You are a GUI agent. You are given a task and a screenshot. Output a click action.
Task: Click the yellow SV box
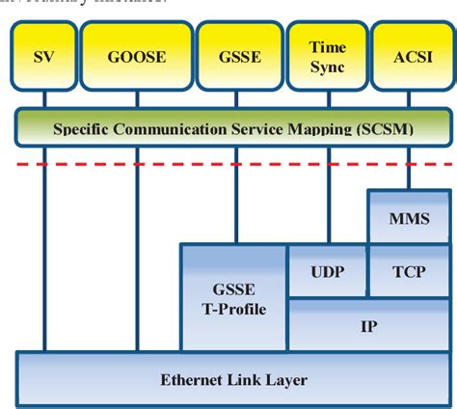43,57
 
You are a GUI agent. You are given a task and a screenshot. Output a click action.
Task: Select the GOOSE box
136,57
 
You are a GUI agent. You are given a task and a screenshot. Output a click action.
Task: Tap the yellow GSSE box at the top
239,57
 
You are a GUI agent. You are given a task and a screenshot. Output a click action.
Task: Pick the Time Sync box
327,57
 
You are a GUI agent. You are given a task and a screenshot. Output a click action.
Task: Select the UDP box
327,271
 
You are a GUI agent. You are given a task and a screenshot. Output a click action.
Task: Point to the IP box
367,325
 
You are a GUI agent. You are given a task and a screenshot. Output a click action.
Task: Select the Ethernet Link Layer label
233,379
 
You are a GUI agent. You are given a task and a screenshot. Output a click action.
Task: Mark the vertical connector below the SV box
44,251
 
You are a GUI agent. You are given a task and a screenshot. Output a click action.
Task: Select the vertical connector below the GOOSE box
136,251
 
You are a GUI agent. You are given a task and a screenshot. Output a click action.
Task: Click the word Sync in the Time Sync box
327,67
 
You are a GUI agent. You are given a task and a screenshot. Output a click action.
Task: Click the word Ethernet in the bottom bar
188,379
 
